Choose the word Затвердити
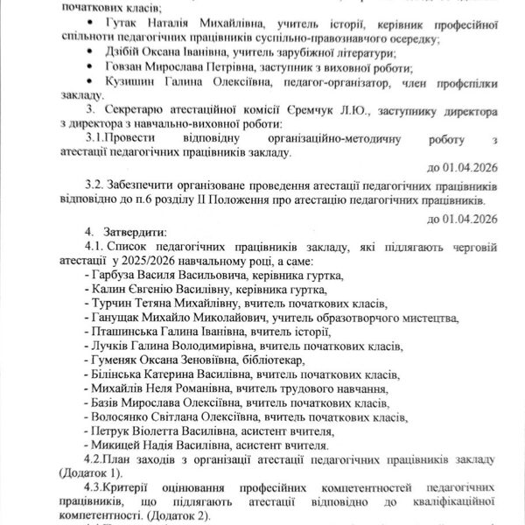pos(136,234)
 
